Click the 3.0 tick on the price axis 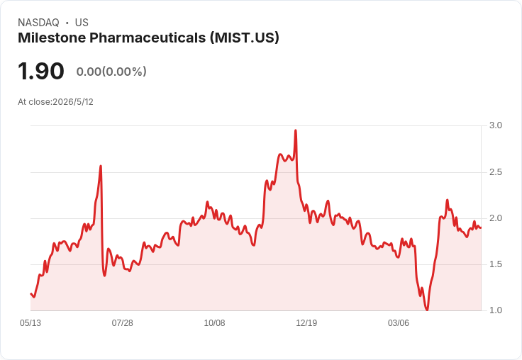495,125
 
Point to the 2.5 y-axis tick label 495,172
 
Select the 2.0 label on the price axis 495,218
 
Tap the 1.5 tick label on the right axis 495,264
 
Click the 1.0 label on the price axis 495,310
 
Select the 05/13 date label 30,323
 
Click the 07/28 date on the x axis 122,323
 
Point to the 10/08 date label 214,323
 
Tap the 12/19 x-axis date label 306,323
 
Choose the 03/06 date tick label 398,323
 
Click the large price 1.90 41,71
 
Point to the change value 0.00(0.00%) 111,72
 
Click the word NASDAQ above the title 38,23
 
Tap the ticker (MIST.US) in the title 245,38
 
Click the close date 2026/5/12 73,102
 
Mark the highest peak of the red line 296,130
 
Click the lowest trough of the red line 427,310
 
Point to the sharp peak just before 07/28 101,166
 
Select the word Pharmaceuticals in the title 148,38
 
